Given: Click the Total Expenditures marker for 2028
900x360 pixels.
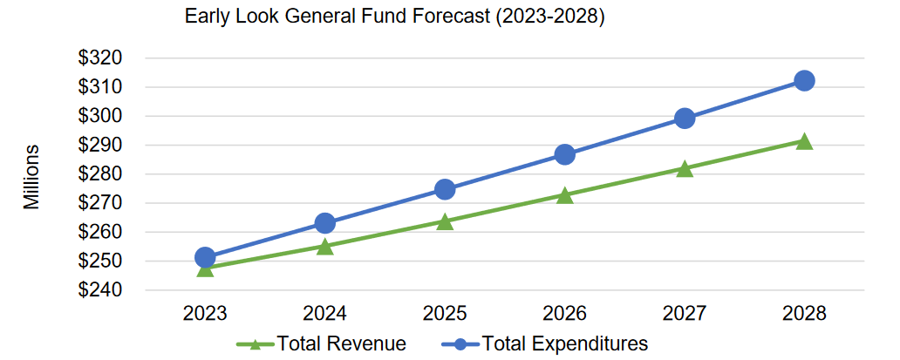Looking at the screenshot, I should pos(804,81).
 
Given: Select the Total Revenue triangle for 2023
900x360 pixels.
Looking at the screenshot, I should pos(205,268).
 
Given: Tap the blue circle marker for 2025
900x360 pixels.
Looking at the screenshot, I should pos(445,189).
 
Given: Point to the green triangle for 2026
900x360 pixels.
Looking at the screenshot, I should pos(564,195).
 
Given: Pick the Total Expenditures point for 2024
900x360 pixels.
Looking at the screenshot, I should pos(325,223).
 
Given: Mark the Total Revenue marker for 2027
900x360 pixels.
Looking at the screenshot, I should pos(685,169).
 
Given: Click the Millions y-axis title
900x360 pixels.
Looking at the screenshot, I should pos(32,177).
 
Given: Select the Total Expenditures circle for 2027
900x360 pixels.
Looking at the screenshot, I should pos(685,119).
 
